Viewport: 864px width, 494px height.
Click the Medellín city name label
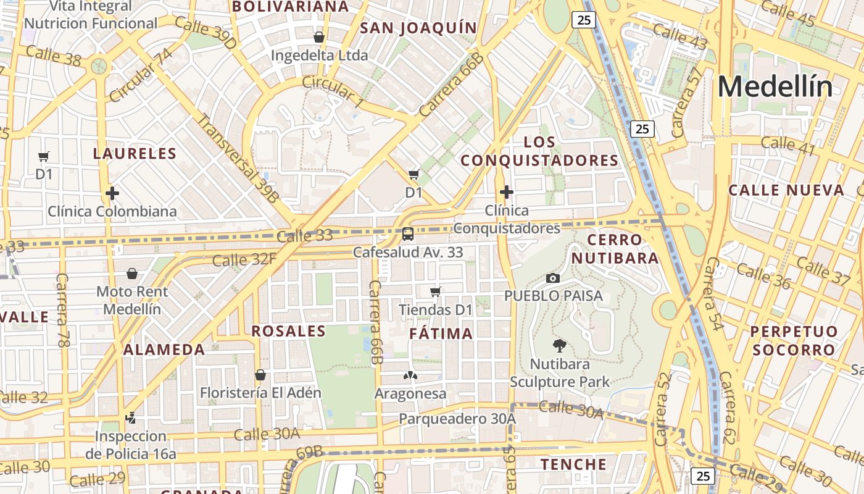[x=775, y=86]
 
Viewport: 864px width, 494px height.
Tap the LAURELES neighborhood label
[x=135, y=153]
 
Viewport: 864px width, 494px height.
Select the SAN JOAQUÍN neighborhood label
[x=418, y=28]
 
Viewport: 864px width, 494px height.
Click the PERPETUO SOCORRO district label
[x=794, y=340]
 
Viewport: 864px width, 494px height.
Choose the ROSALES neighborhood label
[x=288, y=331]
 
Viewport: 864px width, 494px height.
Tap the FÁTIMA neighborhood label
[x=441, y=334]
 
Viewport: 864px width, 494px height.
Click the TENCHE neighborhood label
[x=574, y=464]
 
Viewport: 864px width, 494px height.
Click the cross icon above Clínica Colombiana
[x=112, y=193]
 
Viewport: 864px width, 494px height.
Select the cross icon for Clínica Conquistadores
[x=507, y=192]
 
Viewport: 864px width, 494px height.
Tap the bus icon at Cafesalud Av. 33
[x=408, y=234]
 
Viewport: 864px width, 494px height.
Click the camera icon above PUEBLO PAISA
[x=553, y=278]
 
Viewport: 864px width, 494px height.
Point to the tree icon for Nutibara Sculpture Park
[x=560, y=345]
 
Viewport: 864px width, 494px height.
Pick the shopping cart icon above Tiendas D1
[x=436, y=291]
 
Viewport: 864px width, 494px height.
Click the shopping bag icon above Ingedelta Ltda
[x=319, y=38]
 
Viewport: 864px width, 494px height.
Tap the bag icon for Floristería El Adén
[x=260, y=375]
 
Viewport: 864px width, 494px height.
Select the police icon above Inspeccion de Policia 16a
[x=131, y=418]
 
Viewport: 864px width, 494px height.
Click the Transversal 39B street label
[x=238, y=157]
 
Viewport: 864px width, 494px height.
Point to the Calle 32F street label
[x=244, y=259]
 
